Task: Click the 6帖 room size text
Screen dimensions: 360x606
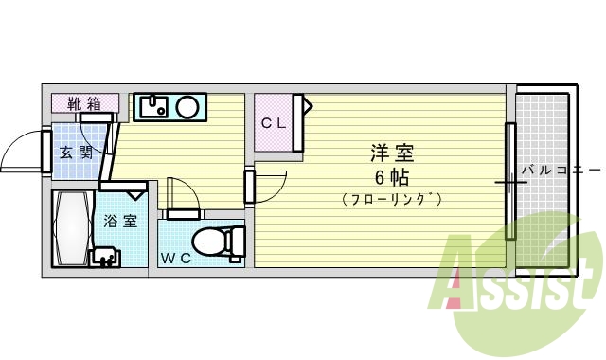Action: coord(391,177)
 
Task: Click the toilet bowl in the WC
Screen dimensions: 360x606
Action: coord(214,242)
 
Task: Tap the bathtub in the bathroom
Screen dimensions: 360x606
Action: coord(72,228)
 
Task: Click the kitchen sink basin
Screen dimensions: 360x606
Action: coord(153,105)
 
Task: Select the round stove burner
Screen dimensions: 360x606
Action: coord(187,106)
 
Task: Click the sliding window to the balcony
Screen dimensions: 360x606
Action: coord(510,181)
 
